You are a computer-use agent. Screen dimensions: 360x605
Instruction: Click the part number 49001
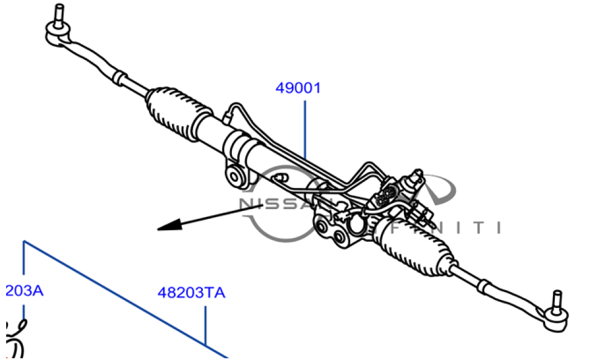pyautogui.click(x=298, y=88)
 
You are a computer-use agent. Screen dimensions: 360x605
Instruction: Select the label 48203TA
pyautogui.click(x=191, y=293)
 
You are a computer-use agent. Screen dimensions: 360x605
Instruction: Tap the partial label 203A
pyautogui.click(x=24, y=290)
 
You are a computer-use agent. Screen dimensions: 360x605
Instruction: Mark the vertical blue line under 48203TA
pyautogui.click(x=206, y=324)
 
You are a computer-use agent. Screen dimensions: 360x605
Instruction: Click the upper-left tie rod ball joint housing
pyautogui.click(x=59, y=35)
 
